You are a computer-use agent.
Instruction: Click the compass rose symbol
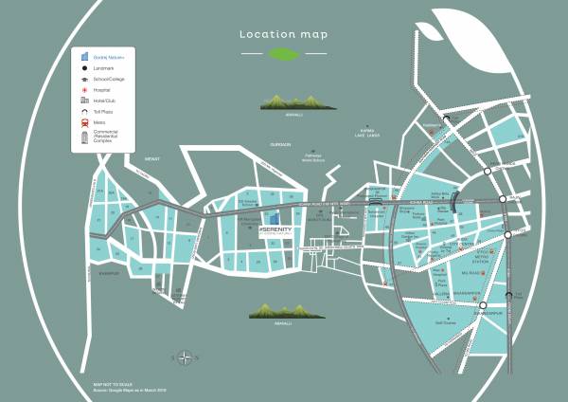click(x=184, y=356)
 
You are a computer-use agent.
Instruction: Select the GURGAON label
click(x=280, y=144)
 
